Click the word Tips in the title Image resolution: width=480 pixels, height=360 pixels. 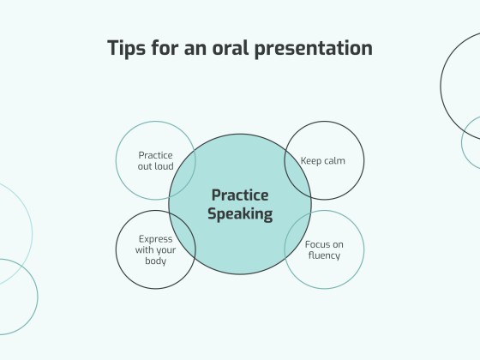click(x=127, y=48)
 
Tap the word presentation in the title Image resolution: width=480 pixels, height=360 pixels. click(x=314, y=48)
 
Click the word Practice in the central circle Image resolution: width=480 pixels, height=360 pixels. click(x=240, y=195)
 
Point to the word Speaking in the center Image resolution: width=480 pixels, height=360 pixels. click(x=240, y=214)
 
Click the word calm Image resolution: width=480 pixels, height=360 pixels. click(x=334, y=160)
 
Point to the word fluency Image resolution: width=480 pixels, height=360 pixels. click(x=324, y=255)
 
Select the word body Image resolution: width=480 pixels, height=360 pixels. click(x=155, y=261)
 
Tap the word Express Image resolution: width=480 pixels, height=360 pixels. click(x=155, y=239)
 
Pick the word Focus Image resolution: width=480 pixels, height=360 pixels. click(x=318, y=244)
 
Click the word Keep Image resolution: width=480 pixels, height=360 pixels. click(x=310, y=160)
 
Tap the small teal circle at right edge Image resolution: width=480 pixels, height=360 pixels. click(x=472, y=142)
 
